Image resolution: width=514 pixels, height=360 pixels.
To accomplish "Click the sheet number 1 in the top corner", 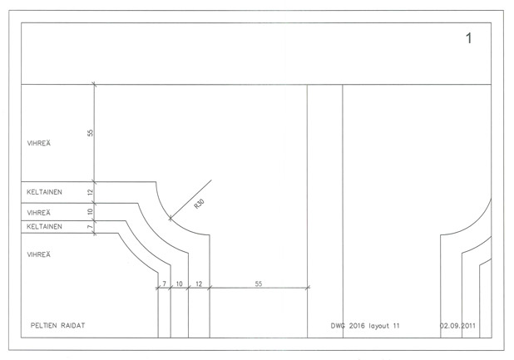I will [469, 38].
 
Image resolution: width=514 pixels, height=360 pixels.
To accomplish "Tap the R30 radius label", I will [199, 205].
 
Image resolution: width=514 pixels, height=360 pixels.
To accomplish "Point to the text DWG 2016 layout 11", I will [365, 325].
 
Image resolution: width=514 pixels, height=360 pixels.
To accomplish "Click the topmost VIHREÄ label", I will [39, 143].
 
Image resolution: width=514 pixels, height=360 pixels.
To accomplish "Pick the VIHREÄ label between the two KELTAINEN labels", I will [39, 212].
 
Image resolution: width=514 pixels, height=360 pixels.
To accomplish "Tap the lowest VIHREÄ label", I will [39, 254].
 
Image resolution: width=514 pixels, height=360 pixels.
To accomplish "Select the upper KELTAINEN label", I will [45, 192].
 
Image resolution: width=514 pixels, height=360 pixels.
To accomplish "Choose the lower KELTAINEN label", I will [45, 226].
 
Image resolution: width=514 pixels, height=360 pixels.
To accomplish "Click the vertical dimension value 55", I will [90, 133].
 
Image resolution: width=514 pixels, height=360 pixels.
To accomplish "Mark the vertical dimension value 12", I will [90, 193].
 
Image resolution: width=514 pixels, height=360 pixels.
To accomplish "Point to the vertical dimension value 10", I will [90, 212].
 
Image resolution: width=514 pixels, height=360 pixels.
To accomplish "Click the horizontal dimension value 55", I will [258, 284].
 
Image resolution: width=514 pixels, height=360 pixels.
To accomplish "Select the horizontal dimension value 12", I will [198, 284].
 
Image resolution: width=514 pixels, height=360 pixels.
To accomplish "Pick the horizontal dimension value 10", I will [179, 284].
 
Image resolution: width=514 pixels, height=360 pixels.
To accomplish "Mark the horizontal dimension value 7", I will [164, 284].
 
